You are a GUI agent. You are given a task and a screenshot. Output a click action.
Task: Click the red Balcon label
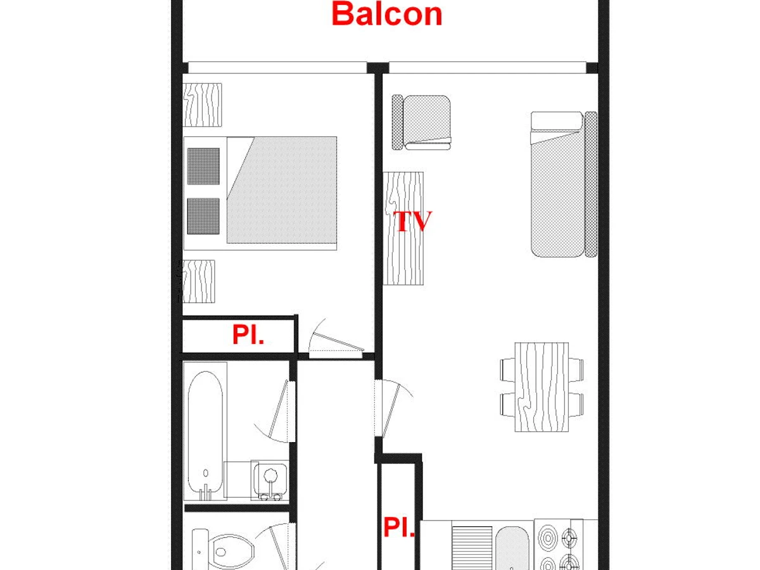click(387, 14)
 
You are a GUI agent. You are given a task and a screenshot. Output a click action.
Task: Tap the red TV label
click(412, 221)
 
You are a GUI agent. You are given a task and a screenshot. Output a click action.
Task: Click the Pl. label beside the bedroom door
click(248, 334)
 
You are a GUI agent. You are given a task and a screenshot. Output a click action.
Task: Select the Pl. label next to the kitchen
click(399, 527)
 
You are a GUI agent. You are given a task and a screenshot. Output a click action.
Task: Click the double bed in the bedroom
click(260, 193)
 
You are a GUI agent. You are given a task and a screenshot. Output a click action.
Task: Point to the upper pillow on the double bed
click(203, 166)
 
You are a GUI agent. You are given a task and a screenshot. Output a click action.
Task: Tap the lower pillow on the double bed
click(203, 216)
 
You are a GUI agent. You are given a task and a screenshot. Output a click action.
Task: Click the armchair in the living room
click(421, 122)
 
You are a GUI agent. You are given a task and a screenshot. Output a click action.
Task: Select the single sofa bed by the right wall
click(564, 184)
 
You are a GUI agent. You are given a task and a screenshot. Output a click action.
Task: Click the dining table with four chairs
click(541, 387)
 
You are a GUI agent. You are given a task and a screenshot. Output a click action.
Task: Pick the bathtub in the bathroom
click(205, 434)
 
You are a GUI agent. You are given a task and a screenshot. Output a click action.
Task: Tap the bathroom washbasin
click(270, 479)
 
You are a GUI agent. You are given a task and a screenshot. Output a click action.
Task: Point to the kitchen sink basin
click(512, 549)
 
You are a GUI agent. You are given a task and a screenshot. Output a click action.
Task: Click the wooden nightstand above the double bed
click(202, 105)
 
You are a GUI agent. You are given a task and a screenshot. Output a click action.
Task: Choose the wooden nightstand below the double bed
click(199, 281)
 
